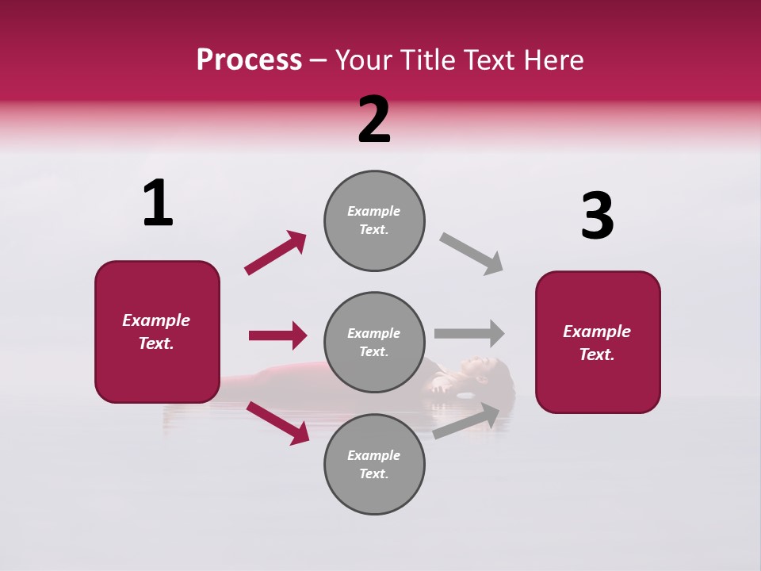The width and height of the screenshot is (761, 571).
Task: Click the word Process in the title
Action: click(249, 60)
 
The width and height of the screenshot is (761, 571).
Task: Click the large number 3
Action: click(597, 216)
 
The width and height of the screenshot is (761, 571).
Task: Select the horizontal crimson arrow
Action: click(277, 335)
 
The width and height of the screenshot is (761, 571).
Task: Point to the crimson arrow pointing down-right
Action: click(278, 422)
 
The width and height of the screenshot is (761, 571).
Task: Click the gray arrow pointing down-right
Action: click(472, 253)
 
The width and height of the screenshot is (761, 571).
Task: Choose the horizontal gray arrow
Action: click(469, 333)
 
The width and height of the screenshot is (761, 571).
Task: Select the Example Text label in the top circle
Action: click(374, 220)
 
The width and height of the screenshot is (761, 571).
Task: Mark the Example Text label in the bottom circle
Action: click(374, 465)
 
